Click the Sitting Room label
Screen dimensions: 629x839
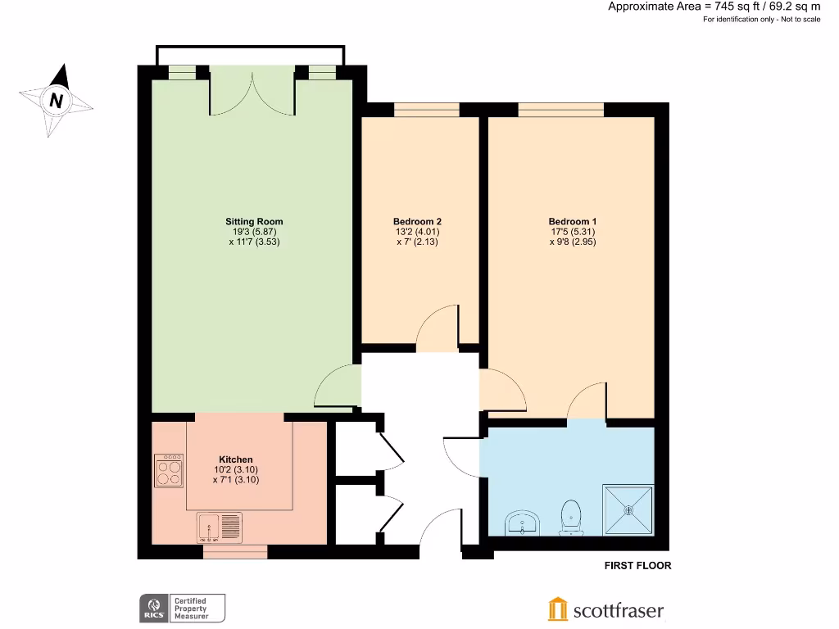[x=254, y=221]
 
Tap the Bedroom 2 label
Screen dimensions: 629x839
[x=417, y=221]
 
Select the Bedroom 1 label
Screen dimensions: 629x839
[x=573, y=221]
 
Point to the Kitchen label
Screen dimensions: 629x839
[x=235, y=459]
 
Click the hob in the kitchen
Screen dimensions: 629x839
[x=169, y=471]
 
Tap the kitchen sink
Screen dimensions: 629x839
[x=220, y=527]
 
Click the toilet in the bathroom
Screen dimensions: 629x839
[x=571, y=517]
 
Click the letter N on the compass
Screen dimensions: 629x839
[x=56, y=102]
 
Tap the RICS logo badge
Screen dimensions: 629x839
[x=152, y=609]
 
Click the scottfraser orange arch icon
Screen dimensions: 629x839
[x=557, y=609]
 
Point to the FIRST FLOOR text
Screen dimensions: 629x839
[x=637, y=566]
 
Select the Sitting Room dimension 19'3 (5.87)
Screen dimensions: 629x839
[x=254, y=232]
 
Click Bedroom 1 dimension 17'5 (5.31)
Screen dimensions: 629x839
[x=573, y=232]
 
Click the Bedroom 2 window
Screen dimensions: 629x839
[x=426, y=109]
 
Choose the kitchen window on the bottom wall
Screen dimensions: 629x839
[x=235, y=552]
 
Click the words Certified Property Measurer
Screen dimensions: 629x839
[x=189, y=609]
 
